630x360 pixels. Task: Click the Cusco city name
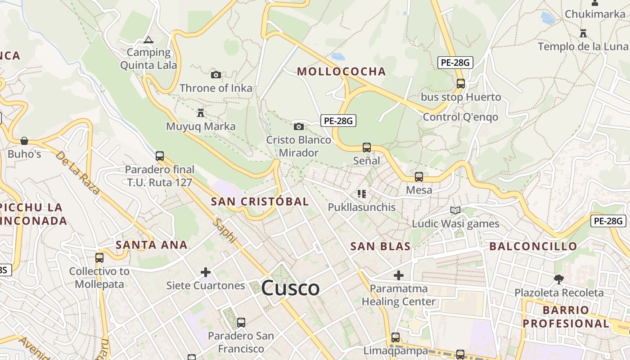pyautogui.click(x=290, y=288)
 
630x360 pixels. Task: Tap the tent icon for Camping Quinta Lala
pyautogui.click(x=148, y=40)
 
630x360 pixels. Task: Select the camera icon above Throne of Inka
pyautogui.click(x=216, y=75)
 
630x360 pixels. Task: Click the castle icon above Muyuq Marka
pyautogui.click(x=201, y=112)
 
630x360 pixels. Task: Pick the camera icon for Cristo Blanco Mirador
pyautogui.click(x=298, y=126)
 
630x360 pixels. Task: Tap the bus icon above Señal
pyautogui.click(x=367, y=148)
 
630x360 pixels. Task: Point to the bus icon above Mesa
pyautogui.click(x=419, y=177)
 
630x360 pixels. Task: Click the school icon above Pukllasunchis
pyautogui.click(x=361, y=194)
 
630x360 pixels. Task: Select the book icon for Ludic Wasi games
pyautogui.click(x=455, y=210)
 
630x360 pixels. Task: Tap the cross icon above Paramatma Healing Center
pyautogui.click(x=398, y=275)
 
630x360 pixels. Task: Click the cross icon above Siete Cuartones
pyautogui.click(x=206, y=272)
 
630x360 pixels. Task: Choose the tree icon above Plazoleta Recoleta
pyautogui.click(x=558, y=279)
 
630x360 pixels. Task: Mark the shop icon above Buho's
pyautogui.click(x=24, y=141)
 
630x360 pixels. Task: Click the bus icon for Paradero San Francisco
pyautogui.click(x=241, y=323)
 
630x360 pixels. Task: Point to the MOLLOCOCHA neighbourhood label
pyautogui.click(x=342, y=72)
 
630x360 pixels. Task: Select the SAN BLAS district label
pyautogui.click(x=380, y=246)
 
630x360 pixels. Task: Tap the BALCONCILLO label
pyautogui.click(x=533, y=246)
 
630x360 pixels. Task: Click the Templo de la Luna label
pyautogui.click(x=583, y=46)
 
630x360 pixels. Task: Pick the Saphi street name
pyautogui.click(x=225, y=231)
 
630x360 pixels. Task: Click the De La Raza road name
pyautogui.click(x=77, y=172)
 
